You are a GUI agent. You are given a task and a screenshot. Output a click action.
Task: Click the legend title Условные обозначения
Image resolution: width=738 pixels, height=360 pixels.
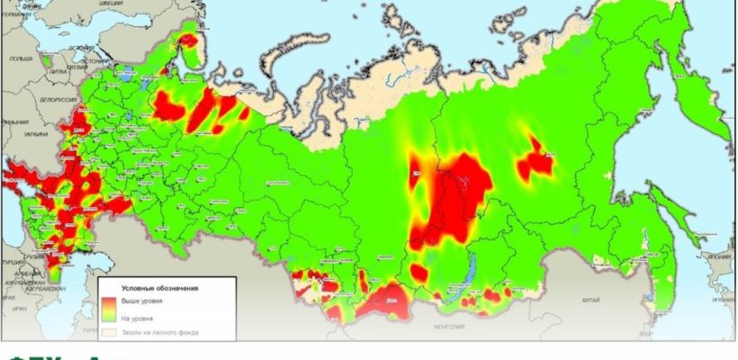(x=167, y=287)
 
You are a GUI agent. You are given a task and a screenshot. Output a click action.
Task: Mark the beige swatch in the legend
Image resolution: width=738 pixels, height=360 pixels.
(x=109, y=333)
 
